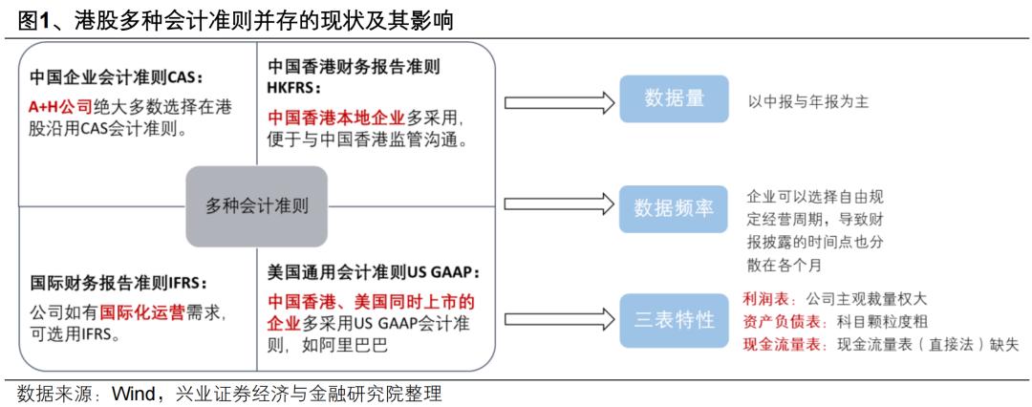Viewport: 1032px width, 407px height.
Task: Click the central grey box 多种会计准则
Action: click(257, 205)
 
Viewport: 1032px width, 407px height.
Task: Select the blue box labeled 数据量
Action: click(674, 99)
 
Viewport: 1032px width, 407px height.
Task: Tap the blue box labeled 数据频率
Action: click(674, 208)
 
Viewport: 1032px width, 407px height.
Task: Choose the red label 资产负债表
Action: click(774, 320)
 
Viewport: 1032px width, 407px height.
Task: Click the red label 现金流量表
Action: click(774, 343)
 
